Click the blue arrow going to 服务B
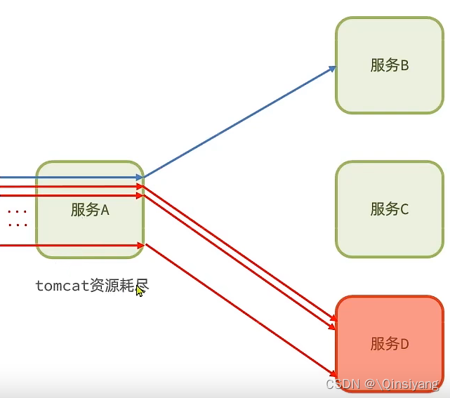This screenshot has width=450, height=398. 239,123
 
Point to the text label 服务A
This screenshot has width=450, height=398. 90,209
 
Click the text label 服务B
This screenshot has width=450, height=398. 390,65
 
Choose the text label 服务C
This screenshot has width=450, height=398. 390,208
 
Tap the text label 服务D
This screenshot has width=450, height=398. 390,344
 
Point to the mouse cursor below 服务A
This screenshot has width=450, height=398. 140,291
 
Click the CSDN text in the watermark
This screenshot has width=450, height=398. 342,384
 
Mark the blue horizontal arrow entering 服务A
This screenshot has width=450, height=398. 70,178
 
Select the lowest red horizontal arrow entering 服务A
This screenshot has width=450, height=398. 70,245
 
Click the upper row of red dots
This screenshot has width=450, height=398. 18,211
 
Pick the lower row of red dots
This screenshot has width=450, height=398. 18,225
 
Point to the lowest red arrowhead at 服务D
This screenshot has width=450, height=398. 333,373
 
